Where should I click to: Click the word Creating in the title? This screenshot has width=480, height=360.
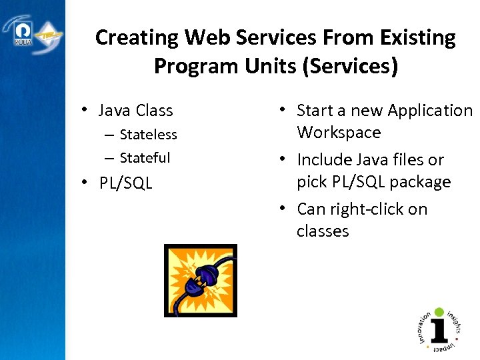(x=137, y=38)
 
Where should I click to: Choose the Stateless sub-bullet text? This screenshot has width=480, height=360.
(x=148, y=135)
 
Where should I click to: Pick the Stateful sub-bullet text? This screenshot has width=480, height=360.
(x=145, y=158)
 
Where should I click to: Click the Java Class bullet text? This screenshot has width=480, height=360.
(x=135, y=111)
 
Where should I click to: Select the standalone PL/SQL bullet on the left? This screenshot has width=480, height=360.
(x=125, y=183)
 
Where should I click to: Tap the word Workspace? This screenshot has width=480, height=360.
(x=339, y=133)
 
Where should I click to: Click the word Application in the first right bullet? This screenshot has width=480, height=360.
(x=429, y=111)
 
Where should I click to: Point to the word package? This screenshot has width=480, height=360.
(x=415, y=182)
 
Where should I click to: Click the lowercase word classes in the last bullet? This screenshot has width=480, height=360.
(x=323, y=231)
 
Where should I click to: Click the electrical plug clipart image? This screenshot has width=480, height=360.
(x=201, y=280)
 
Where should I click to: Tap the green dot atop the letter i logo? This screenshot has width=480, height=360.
(x=439, y=311)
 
